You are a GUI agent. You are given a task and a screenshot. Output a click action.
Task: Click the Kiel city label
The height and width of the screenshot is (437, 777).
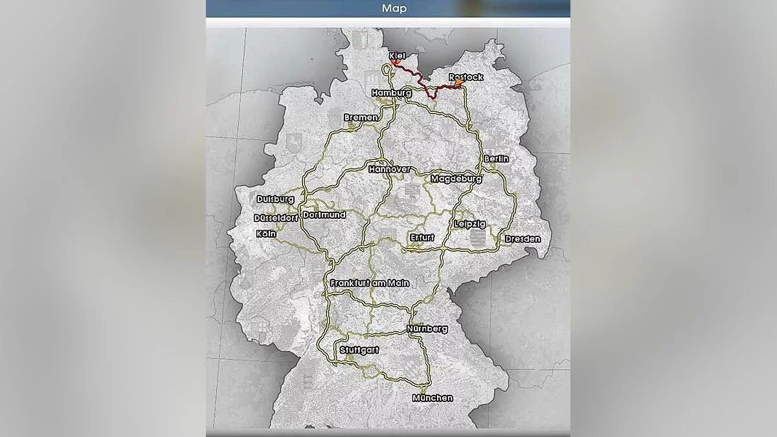point(398,56)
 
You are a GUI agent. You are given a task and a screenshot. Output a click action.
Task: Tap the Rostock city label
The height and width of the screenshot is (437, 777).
point(466,77)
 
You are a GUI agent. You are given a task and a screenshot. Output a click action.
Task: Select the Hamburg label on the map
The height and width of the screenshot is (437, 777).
point(392,93)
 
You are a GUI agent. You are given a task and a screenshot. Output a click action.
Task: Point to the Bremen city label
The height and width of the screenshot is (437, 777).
point(361,117)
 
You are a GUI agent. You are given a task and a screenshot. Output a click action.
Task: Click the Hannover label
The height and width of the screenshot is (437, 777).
point(390,169)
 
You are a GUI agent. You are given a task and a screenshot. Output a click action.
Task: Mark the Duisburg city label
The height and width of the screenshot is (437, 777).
point(275,199)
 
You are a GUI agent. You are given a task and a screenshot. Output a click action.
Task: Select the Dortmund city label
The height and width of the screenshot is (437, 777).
point(324,214)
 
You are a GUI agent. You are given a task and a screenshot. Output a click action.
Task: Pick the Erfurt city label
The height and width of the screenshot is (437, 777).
point(422,238)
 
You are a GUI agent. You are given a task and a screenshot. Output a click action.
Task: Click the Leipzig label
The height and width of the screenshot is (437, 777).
point(470,224)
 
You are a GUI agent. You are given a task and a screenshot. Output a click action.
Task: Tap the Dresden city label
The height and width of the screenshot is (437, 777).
point(523,239)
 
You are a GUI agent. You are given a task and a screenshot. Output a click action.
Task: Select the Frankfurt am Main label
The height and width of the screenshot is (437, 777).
point(369,283)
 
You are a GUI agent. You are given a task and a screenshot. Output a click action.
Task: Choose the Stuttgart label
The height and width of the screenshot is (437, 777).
point(359,350)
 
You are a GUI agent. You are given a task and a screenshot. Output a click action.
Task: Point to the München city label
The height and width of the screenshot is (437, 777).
point(433,398)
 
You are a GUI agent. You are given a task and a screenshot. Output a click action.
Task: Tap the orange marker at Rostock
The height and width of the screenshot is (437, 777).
point(458,84)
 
